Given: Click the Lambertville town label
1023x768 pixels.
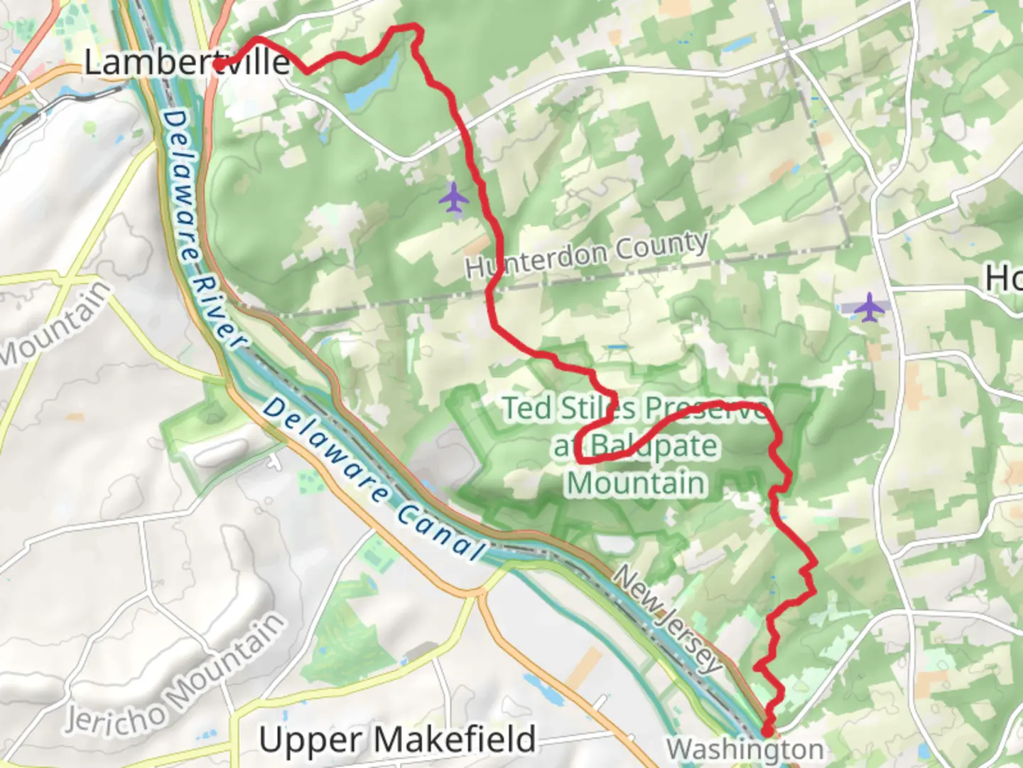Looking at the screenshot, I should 187,62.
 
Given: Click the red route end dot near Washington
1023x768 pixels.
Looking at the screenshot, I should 767,730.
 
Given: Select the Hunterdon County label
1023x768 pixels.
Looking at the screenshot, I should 587,254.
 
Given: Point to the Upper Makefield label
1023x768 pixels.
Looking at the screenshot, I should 397,740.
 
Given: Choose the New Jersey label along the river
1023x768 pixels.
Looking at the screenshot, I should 668,619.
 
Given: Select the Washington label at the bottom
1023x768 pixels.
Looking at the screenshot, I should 745,749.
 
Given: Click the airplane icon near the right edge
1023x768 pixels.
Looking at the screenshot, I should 869,307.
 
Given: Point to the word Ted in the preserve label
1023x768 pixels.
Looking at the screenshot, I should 527,409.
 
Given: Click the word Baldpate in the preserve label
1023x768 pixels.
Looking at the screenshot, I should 654,447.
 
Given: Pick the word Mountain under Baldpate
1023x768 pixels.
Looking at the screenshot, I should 637,484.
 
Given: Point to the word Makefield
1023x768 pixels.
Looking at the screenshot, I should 455,740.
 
